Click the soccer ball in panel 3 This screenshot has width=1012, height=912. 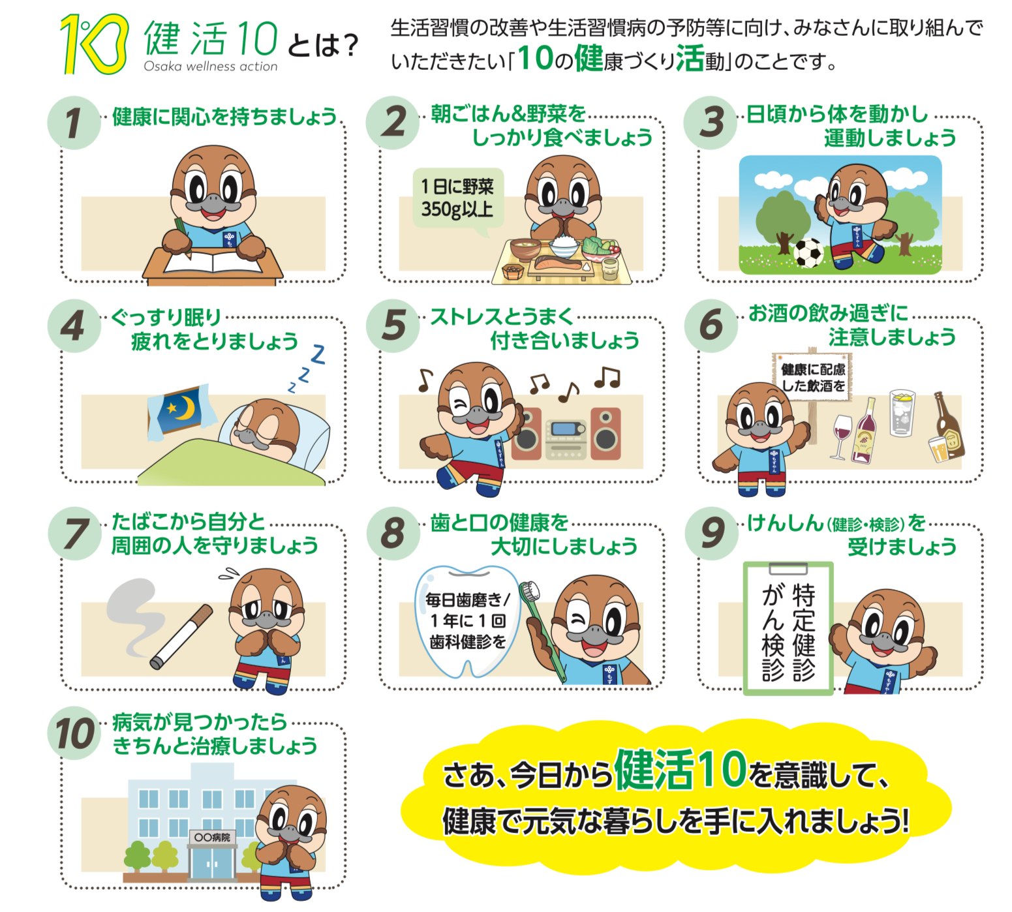click(808, 253)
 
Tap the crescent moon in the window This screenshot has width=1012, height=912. click(186, 408)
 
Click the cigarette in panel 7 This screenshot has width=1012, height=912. click(181, 635)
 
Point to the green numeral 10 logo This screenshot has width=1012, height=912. click(94, 44)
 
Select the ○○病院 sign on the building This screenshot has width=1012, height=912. click(212, 837)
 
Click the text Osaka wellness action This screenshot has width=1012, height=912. click(211, 67)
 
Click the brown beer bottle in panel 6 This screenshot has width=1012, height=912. click(949, 424)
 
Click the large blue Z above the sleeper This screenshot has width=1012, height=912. click(318, 354)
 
